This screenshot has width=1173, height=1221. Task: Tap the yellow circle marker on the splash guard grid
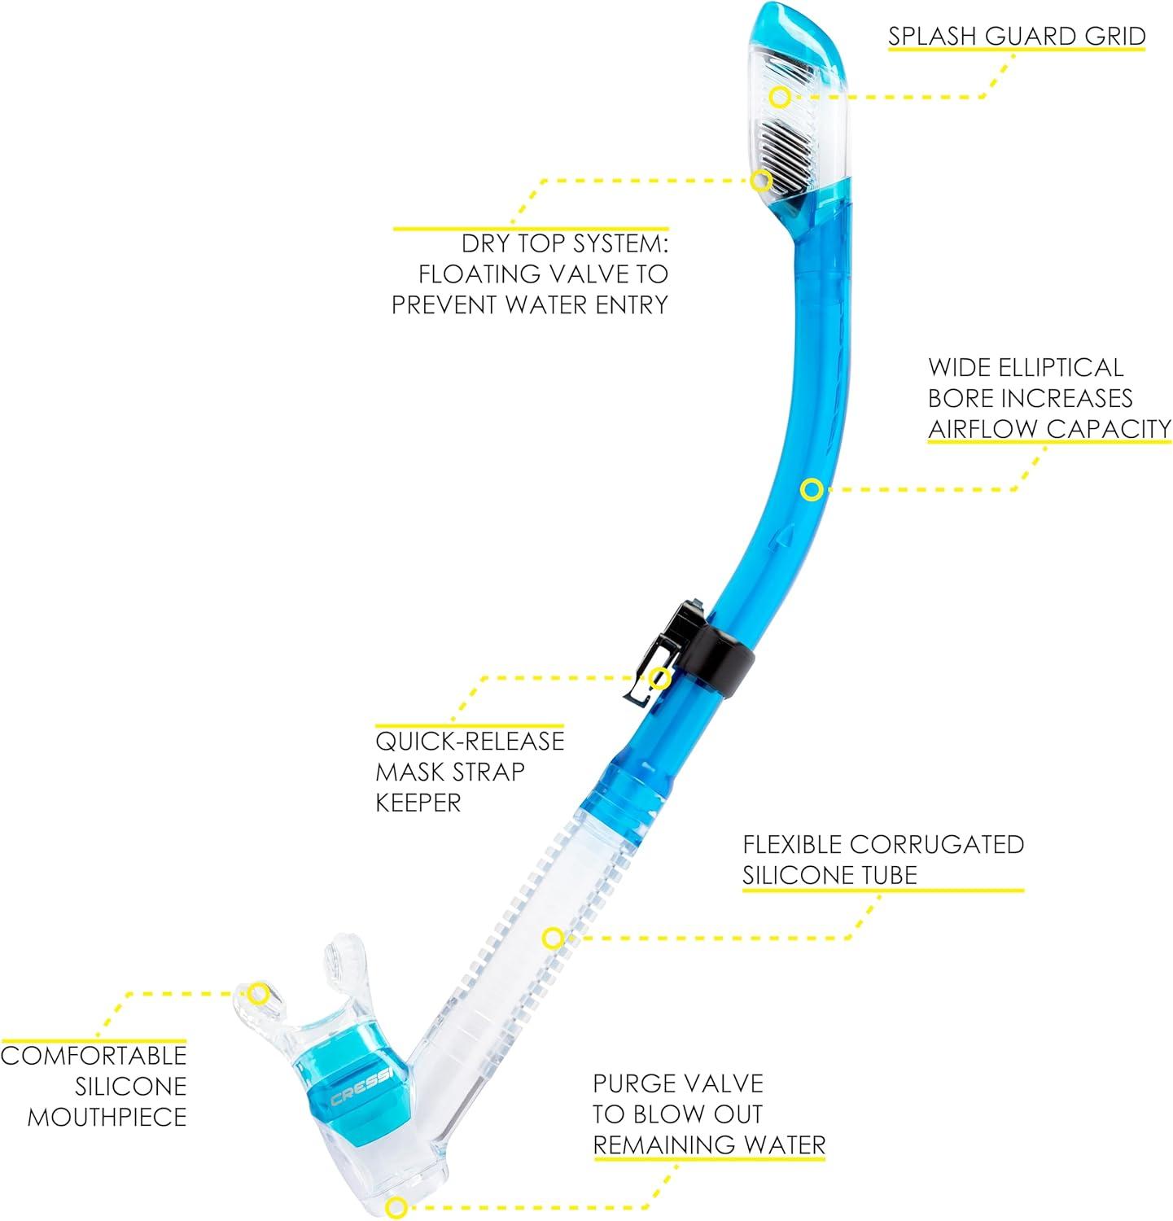click(x=780, y=97)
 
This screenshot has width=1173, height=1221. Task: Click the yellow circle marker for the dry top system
click(x=761, y=179)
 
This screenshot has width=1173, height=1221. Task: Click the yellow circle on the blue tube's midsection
click(x=811, y=490)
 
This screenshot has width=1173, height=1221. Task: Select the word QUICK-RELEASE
click(x=470, y=741)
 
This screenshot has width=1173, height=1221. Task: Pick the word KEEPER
click(x=418, y=803)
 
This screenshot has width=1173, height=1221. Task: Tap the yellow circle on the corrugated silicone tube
click(x=553, y=938)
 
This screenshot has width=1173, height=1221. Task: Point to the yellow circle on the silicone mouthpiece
click(x=259, y=993)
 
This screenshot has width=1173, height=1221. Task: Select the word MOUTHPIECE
click(x=107, y=1117)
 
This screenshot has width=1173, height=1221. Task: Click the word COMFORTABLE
click(x=94, y=1056)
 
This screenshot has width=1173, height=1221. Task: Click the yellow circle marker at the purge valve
click(x=396, y=1207)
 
